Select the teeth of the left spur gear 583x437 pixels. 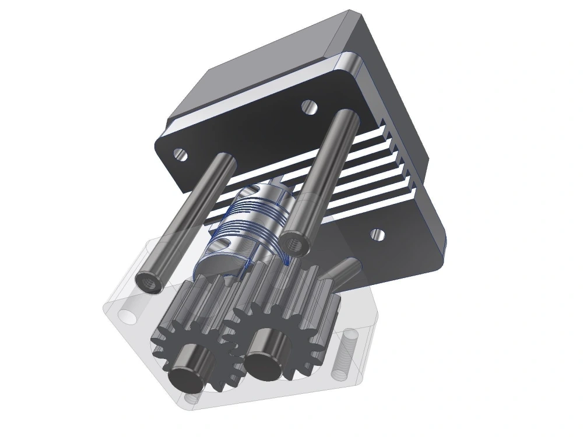pyautogui.click(x=175, y=326)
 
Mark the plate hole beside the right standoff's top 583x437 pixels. pyautogui.click(x=308, y=107)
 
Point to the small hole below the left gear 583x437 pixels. pyautogui.click(x=189, y=400)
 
